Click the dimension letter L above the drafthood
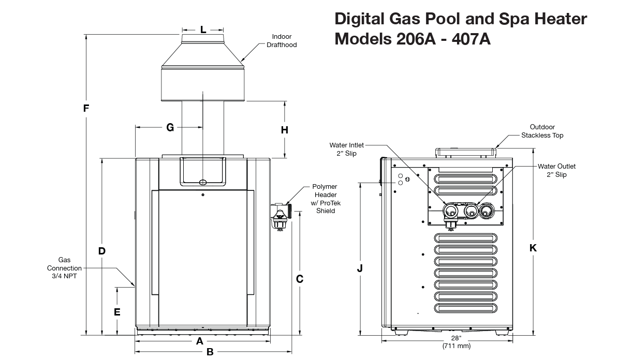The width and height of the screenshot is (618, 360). tap(203, 29)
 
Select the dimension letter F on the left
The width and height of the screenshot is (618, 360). tap(86, 109)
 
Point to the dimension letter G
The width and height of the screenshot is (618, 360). tap(170, 127)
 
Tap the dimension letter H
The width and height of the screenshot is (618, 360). tap(284, 130)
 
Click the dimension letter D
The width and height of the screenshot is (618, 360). tap(102, 251)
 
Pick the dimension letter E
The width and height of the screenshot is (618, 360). tap(117, 312)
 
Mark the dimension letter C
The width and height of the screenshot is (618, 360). tap(299, 279)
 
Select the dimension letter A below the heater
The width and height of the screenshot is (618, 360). tap(199, 341)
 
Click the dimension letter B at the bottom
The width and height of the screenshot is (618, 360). tap(210, 352)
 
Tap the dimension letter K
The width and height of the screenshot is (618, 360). tap(533, 248)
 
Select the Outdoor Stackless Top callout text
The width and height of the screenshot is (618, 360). tap(542, 131)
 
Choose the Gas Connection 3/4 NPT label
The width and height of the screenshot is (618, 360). tap(64, 268)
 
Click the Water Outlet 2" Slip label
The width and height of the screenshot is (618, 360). tap(556, 171)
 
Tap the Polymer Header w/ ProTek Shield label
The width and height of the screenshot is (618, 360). tap(325, 199)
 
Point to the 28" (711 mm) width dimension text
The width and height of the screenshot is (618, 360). tap(456, 342)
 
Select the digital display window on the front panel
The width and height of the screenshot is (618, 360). tap(203, 172)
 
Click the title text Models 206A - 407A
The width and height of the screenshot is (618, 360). tap(413, 39)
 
